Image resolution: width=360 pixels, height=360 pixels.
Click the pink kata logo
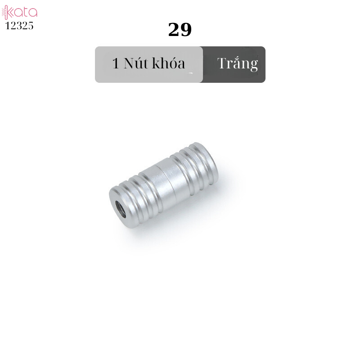pyautogui.click(x=19, y=12)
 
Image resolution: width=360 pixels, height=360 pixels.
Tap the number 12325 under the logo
pyautogui.click(x=19, y=26)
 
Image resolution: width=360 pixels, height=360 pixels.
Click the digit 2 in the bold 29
pyautogui.click(x=174, y=30)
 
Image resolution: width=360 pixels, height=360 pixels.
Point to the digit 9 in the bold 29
pyautogui.click(x=186, y=30)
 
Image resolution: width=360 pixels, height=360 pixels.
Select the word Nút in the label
pyautogui.click(x=135, y=63)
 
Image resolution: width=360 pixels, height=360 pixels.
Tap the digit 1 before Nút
pyautogui.click(x=116, y=63)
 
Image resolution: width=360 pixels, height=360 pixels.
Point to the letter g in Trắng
pyautogui.click(x=254, y=66)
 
